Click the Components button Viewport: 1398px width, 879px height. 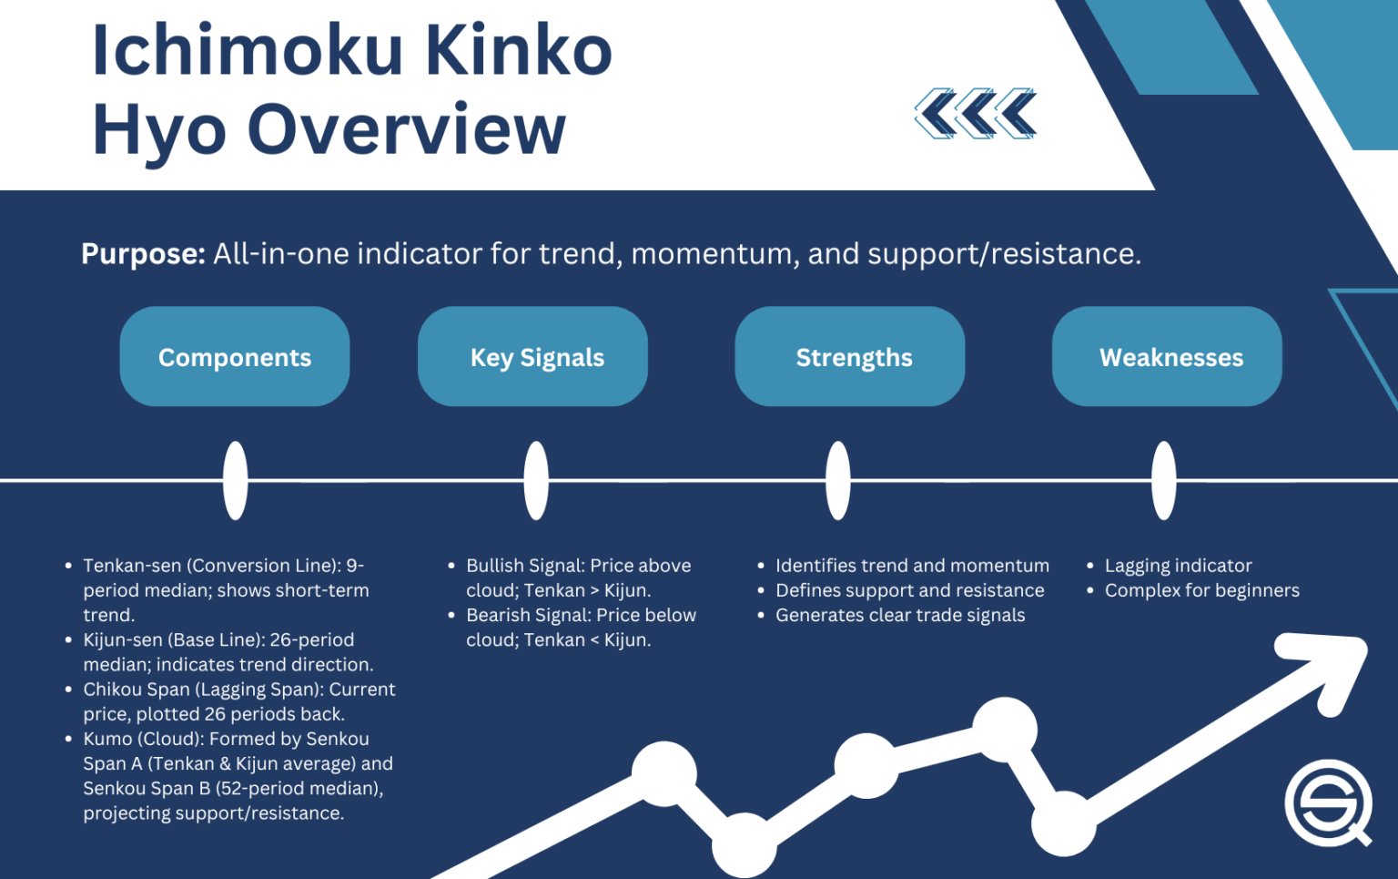235,357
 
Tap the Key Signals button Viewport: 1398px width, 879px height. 537,357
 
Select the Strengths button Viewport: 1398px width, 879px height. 854,357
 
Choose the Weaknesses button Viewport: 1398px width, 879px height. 1170,357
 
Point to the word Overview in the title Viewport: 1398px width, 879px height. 406,129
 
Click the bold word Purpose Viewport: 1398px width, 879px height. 143,253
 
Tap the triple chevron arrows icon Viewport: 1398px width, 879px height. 976,114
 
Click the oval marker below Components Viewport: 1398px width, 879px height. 235,480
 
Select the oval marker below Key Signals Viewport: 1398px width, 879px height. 536,480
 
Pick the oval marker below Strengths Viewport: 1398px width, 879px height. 838,480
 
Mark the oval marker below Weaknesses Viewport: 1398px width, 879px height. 1163,480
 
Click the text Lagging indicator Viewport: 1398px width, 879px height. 1178,566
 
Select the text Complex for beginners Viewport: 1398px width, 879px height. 1201,590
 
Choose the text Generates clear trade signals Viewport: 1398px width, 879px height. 899,615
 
